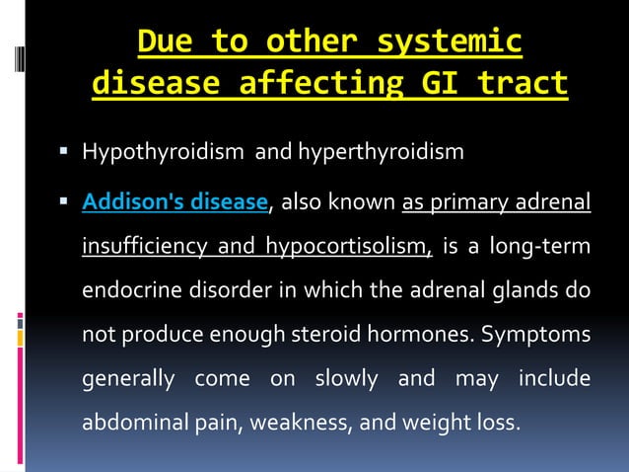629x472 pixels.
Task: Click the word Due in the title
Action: (162, 42)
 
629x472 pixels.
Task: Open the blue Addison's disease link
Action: (175, 203)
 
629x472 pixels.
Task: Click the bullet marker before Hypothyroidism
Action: (62, 152)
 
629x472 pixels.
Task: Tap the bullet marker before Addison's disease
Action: (62, 202)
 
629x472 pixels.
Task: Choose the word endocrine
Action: (127, 291)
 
